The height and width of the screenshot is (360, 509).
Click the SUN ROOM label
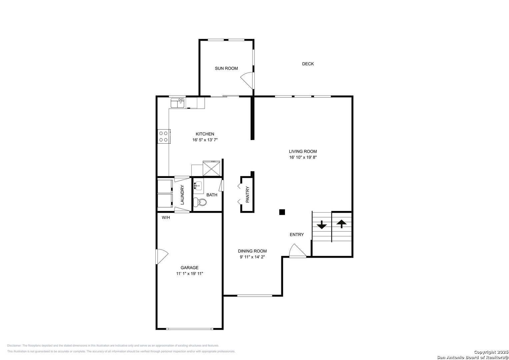point(226,68)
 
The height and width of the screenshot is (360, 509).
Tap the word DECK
point(308,64)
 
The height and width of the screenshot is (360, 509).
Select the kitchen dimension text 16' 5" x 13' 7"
point(205,140)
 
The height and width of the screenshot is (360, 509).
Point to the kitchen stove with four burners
point(164,136)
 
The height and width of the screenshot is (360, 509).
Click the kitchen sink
point(177,103)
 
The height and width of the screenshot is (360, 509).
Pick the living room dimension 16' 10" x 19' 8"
point(303,157)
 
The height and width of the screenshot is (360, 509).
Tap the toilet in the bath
point(200,202)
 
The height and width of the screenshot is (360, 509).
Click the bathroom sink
point(198,186)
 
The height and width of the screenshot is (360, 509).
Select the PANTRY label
point(247,194)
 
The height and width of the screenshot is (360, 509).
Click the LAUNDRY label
point(182,195)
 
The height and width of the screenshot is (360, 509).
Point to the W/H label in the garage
point(166,217)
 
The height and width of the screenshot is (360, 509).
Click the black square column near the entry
point(282,212)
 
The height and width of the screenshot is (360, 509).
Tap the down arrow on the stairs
point(322,225)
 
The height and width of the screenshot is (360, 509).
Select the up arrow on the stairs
point(342,224)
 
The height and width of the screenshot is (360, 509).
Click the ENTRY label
point(297,235)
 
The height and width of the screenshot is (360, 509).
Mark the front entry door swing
point(298,251)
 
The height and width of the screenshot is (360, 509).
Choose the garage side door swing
point(162,257)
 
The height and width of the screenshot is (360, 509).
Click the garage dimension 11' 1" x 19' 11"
point(190,273)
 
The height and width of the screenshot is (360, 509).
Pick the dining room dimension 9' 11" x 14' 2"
point(252,257)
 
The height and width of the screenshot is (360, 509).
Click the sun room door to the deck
point(248,81)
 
